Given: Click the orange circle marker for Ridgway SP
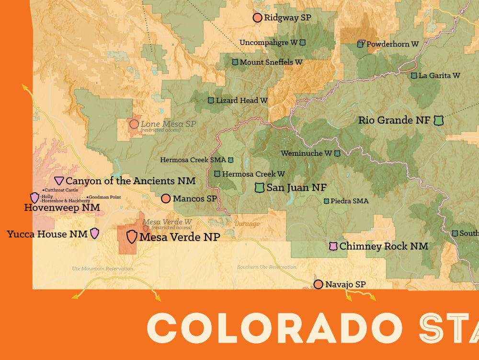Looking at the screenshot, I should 257,18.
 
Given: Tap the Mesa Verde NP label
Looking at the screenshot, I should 180,237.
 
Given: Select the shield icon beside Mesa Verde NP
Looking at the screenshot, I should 132,236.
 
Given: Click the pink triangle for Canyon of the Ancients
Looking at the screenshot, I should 59,181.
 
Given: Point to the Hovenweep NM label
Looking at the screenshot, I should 62,208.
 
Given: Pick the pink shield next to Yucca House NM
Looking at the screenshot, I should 95,233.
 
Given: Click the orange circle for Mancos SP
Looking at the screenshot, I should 166,198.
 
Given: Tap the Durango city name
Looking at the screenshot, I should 247,224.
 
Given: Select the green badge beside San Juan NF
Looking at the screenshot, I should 260,187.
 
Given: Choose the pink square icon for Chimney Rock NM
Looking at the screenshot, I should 333,246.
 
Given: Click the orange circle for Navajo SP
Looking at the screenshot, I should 318,285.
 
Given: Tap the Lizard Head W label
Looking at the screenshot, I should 242,101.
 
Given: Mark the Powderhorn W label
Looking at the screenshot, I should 393,44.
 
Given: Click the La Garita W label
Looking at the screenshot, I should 439,76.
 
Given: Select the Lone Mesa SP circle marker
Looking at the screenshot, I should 134,124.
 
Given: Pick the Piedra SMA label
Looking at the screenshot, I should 350,201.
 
